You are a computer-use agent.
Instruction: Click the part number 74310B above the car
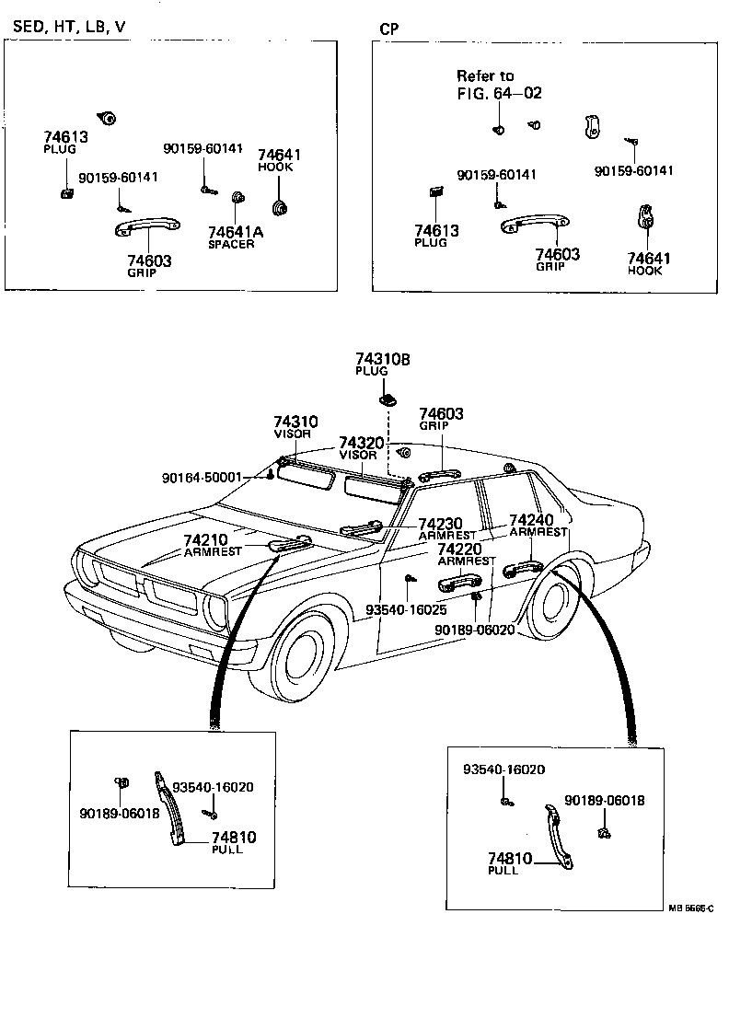click(382, 359)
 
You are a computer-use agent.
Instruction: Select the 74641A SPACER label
click(235, 237)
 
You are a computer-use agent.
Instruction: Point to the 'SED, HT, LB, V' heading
click(69, 27)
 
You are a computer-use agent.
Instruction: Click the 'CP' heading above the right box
click(389, 29)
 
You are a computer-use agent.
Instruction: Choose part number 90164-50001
click(201, 478)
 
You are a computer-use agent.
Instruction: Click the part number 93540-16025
click(406, 609)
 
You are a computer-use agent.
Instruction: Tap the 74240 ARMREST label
click(538, 525)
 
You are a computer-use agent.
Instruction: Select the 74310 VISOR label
click(294, 426)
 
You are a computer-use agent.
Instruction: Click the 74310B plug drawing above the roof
click(388, 399)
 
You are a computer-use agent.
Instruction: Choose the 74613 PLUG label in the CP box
click(435, 235)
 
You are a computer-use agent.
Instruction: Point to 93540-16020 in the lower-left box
click(214, 787)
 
